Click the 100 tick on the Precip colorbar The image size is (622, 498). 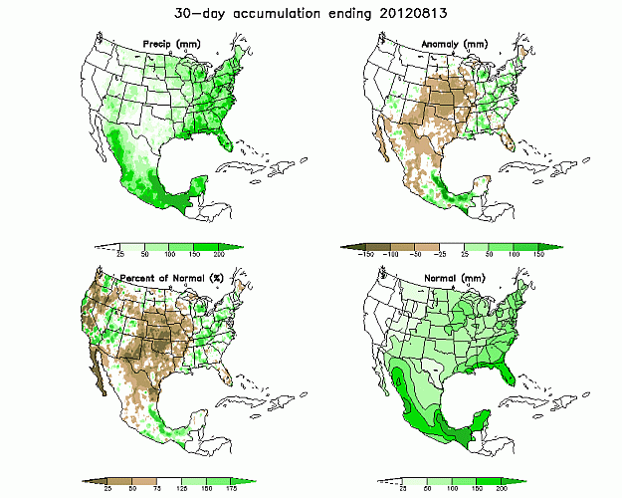(x=170, y=256)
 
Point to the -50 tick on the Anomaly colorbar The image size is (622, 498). (x=424, y=256)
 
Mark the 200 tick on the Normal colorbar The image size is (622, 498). (x=504, y=488)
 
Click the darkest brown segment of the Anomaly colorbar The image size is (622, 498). (x=353, y=246)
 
